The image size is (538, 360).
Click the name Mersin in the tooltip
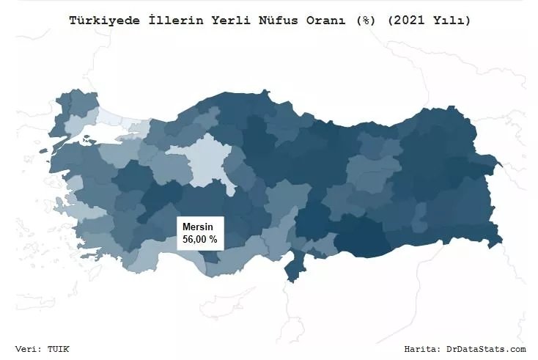pos(196,227)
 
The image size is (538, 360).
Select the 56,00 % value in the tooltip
pos(199,240)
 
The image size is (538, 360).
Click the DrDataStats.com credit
pos(489,349)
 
